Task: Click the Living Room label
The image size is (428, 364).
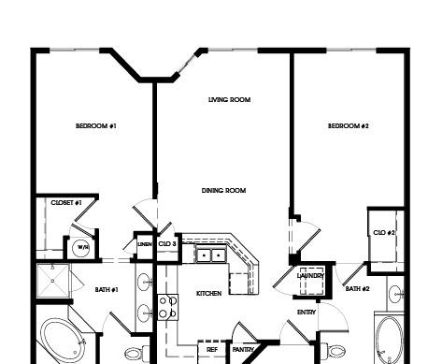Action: [230, 100]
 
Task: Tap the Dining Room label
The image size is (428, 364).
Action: [223, 190]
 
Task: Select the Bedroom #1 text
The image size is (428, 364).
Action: [96, 126]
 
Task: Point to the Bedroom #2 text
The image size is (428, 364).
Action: [349, 126]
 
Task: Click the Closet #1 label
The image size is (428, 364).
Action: [66, 203]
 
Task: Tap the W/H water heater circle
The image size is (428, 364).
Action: [81, 248]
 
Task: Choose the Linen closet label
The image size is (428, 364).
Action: [145, 244]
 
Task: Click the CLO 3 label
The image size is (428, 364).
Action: [167, 243]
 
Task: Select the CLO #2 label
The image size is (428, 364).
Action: [384, 233]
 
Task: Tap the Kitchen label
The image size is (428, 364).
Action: [209, 294]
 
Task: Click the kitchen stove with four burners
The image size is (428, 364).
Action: [168, 307]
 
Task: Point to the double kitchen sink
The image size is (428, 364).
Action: [211, 255]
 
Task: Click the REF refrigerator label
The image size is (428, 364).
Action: [212, 350]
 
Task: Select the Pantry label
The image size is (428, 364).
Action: [243, 350]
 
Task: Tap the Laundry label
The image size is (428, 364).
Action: [310, 276]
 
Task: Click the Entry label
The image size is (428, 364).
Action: [307, 313]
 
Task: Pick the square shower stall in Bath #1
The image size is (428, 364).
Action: [53, 281]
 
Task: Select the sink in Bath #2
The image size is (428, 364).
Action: [396, 294]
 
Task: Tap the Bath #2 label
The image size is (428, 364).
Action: [358, 289]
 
